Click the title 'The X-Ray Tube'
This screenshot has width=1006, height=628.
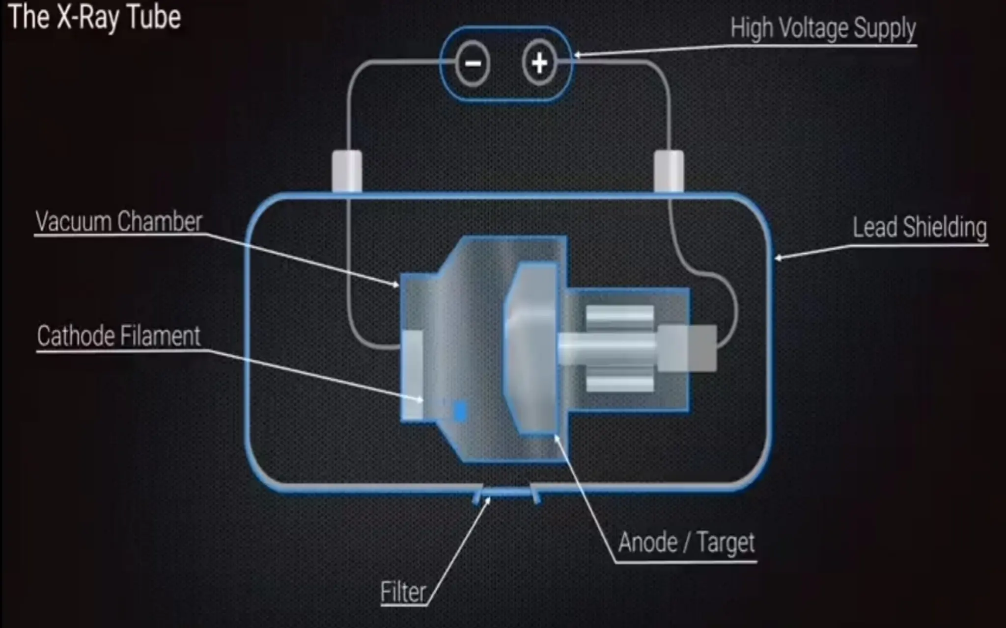95,18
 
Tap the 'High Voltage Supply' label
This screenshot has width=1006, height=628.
823,28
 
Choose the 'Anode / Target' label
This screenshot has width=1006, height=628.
686,543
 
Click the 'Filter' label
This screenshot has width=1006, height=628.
403,592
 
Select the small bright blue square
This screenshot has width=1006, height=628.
460,411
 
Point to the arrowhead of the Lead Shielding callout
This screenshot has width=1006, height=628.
778,258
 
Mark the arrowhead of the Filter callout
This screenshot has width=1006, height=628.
488,500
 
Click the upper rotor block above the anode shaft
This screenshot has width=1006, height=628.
620,317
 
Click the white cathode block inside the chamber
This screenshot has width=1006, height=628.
413,375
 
